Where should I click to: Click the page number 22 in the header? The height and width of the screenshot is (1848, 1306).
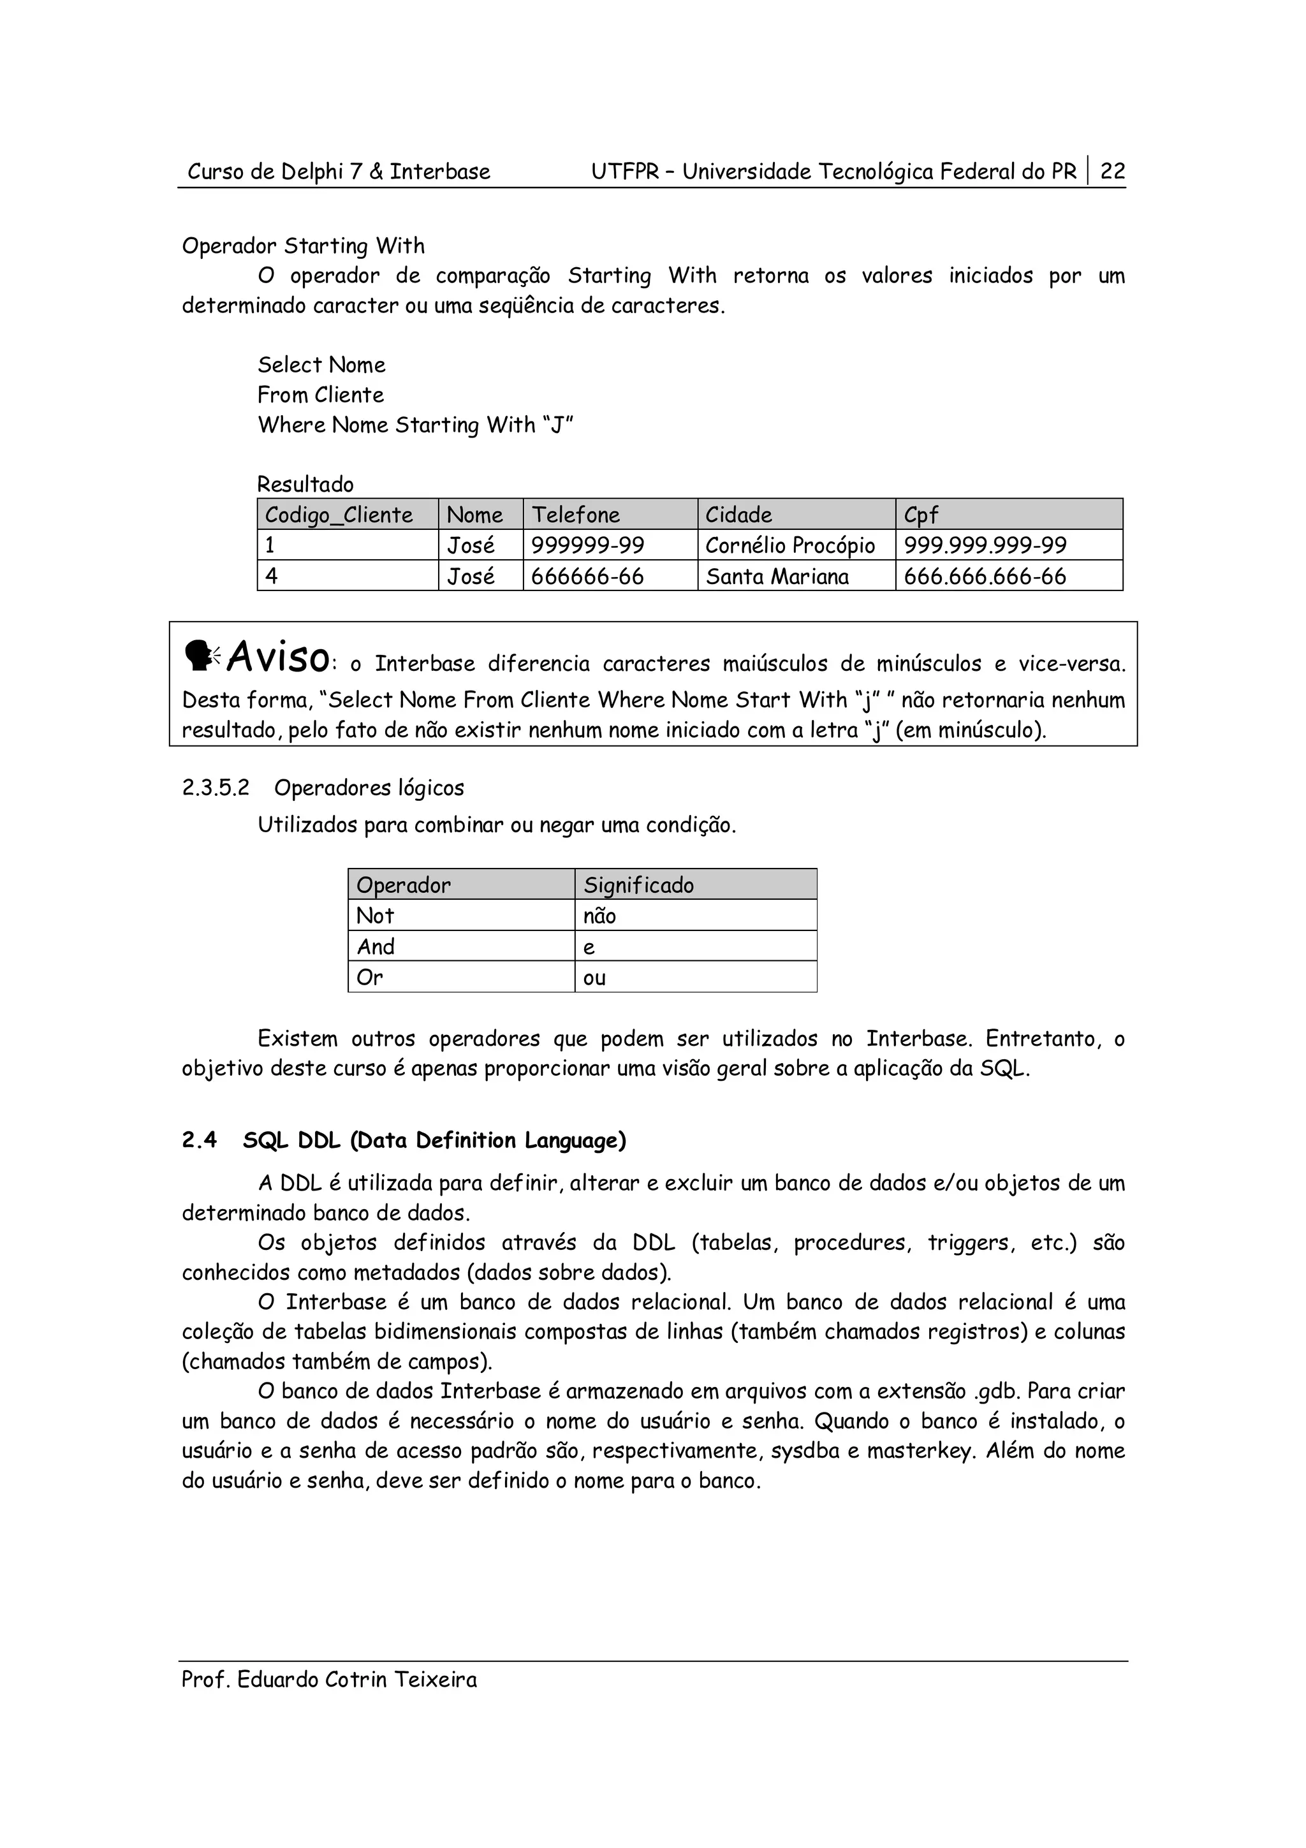coord(1112,172)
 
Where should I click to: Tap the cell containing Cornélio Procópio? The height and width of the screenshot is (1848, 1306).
coord(789,546)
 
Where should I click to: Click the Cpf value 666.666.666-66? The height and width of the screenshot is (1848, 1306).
coord(985,576)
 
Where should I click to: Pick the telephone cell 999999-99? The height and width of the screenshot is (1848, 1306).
coord(587,546)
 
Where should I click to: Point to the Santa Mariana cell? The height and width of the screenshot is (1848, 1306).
coord(777,576)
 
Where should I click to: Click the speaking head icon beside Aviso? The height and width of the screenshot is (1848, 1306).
coord(201,656)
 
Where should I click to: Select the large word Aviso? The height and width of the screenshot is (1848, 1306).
coord(277,657)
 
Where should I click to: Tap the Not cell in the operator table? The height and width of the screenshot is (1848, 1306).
coord(376,915)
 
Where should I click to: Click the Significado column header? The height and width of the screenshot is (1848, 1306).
coord(638,884)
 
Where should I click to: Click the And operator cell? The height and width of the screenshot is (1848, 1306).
coord(376,946)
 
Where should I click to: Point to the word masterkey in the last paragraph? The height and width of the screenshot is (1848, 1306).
coord(920,1451)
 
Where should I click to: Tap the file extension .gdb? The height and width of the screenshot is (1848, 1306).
coord(995,1391)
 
